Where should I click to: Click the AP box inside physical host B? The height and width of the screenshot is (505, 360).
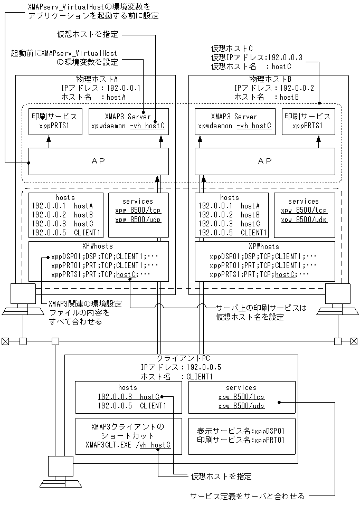(x=264, y=160)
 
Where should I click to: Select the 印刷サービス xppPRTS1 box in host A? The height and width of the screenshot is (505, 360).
(x=55, y=122)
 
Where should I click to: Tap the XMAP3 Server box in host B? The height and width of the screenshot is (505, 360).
(x=234, y=122)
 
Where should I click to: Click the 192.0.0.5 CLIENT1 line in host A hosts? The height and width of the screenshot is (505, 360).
(x=65, y=232)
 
